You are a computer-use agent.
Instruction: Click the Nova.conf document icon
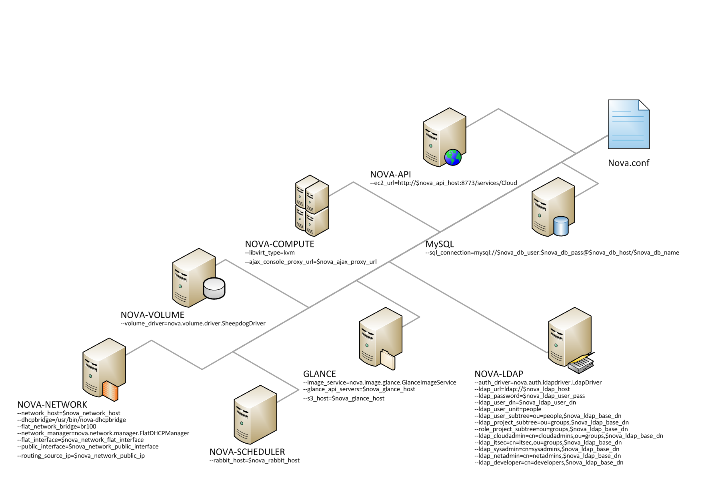(x=628, y=124)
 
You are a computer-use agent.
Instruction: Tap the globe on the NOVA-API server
(x=453, y=157)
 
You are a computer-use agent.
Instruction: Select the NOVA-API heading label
(x=390, y=174)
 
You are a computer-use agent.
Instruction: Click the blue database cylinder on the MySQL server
(x=561, y=226)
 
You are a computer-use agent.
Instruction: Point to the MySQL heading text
(x=440, y=244)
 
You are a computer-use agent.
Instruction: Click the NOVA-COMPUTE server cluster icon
(x=312, y=205)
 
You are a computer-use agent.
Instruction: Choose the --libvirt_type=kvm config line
(x=270, y=253)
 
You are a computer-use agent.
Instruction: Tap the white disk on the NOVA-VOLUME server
(x=214, y=288)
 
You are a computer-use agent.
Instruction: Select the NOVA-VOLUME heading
(x=152, y=315)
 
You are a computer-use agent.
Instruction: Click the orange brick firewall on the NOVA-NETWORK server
(x=110, y=391)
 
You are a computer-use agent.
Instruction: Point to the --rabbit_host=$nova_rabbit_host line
(x=254, y=460)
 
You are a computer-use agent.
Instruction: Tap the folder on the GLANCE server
(x=388, y=360)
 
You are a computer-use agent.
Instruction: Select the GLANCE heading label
(x=319, y=374)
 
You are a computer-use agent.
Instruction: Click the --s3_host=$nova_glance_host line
(x=344, y=398)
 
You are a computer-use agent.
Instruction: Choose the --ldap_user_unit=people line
(x=508, y=409)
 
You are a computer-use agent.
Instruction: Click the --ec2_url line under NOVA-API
(x=444, y=183)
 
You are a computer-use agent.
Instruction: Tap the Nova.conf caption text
(x=628, y=163)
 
